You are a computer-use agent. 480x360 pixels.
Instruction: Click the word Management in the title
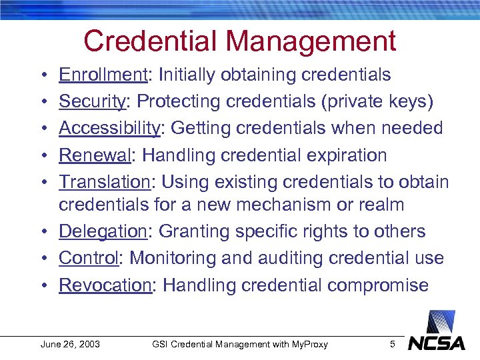(x=311, y=41)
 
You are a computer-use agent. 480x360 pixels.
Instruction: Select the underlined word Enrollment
(x=104, y=75)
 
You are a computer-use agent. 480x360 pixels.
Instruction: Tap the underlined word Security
(x=92, y=101)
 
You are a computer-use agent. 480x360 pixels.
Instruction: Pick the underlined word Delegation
(x=102, y=231)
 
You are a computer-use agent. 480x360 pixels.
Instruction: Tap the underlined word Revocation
(x=105, y=285)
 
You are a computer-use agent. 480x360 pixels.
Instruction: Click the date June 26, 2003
(x=70, y=344)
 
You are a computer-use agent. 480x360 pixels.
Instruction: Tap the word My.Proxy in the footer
(x=309, y=344)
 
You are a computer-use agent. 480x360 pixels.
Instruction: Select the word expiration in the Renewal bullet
(x=345, y=155)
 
